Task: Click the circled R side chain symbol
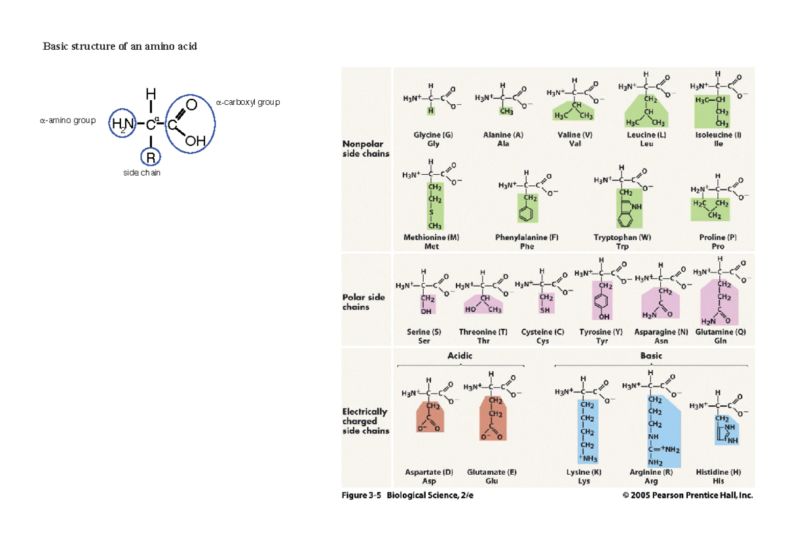(151, 158)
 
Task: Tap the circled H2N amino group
(122, 124)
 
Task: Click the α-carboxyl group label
(248, 102)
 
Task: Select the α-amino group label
(67, 120)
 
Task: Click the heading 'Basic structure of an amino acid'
(120, 46)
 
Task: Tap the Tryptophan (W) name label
(622, 238)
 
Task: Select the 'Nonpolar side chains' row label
(366, 149)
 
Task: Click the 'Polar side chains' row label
(364, 302)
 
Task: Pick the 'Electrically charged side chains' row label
(365, 421)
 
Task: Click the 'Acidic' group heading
(460, 356)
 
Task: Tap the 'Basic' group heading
(651, 356)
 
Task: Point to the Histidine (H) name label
(718, 472)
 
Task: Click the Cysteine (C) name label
(542, 332)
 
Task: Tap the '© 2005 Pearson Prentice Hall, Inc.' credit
(687, 496)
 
